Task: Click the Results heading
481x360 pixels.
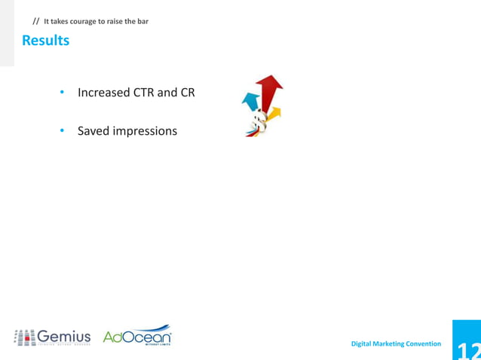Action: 45,41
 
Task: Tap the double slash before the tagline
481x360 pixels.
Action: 35,21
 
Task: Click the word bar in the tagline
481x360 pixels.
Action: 142,21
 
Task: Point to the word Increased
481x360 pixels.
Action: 104,93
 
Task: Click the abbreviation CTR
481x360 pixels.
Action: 144,93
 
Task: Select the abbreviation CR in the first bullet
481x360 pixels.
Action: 187,93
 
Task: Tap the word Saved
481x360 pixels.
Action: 93,131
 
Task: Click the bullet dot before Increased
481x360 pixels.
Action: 63,93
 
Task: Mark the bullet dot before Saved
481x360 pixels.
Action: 63,132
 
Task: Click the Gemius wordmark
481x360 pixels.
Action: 64,336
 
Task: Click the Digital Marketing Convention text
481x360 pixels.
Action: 396,343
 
